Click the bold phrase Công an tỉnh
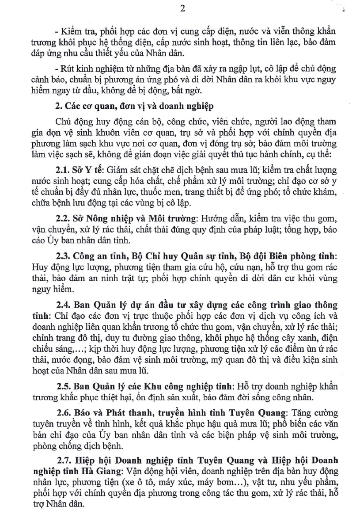click(x=97, y=256)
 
